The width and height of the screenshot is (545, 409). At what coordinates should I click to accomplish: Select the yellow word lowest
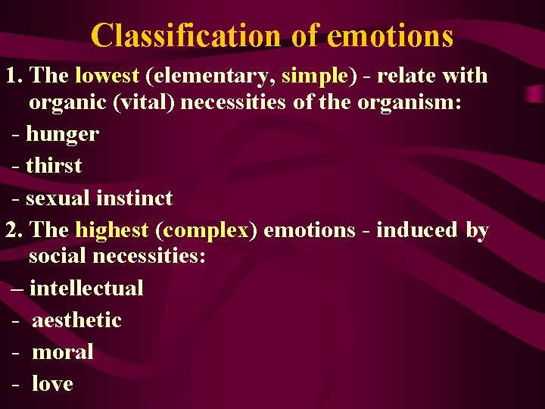click(107, 76)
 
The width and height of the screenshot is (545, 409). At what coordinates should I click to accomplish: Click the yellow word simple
click(315, 76)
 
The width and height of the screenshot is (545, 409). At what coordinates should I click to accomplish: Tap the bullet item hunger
click(62, 135)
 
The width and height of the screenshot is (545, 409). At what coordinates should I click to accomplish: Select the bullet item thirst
click(54, 166)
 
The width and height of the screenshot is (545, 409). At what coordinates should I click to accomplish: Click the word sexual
click(58, 198)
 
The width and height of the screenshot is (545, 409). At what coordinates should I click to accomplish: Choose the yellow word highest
click(112, 229)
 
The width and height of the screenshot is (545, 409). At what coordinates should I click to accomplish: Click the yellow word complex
click(204, 229)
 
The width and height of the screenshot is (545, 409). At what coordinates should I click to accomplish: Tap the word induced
click(417, 229)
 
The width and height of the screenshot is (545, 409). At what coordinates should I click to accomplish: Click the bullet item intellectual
click(86, 289)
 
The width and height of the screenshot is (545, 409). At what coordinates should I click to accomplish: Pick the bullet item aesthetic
click(76, 320)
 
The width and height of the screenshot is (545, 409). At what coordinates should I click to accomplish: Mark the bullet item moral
click(63, 352)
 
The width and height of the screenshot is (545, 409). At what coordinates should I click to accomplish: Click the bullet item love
click(52, 384)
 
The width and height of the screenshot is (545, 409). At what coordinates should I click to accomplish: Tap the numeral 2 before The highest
click(11, 229)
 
